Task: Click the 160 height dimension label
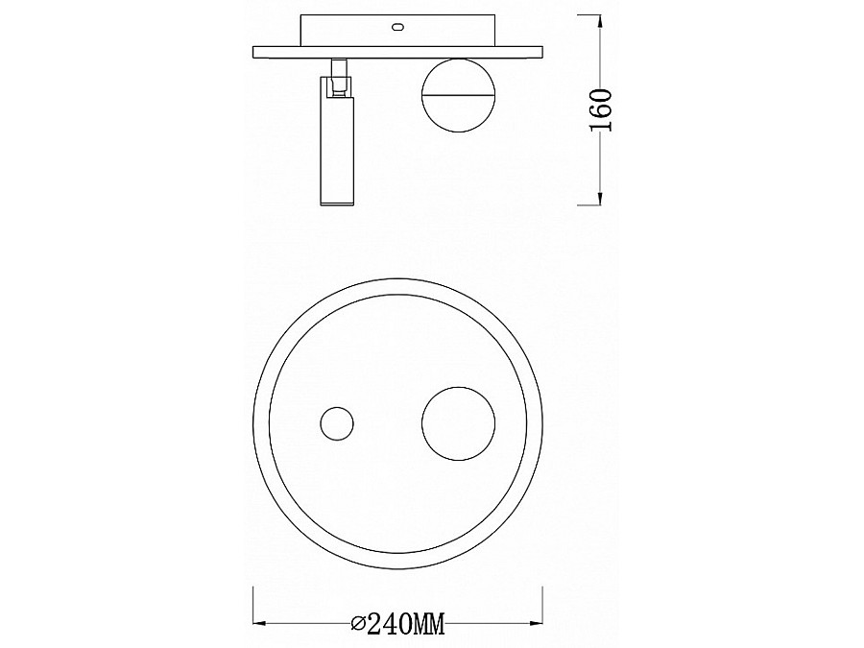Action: tap(601, 110)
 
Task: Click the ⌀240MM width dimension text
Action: tap(397, 624)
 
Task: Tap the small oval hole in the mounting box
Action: tap(397, 26)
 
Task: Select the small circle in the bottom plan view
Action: tap(337, 423)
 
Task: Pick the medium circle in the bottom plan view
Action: tap(459, 423)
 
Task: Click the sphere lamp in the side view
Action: tap(459, 95)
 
